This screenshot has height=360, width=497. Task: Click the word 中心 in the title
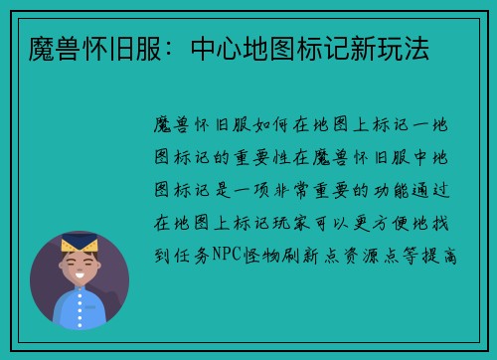tap(208, 49)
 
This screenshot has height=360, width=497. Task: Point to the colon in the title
tap(171, 50)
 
